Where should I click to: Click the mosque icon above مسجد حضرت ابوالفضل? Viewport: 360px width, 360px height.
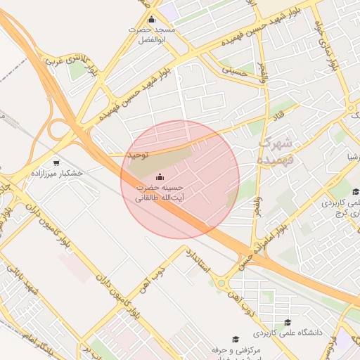152,19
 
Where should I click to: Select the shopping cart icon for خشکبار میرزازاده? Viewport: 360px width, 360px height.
56,162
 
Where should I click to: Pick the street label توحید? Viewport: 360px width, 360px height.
136,153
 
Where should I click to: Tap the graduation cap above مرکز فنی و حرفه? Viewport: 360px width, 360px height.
236,338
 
